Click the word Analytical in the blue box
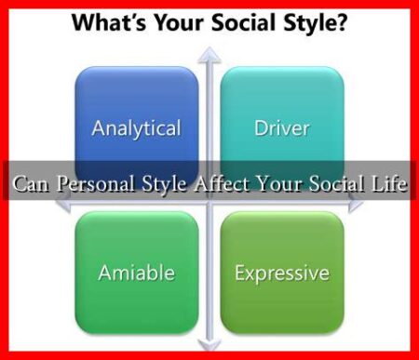point(136,128)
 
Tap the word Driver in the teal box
point(281,128)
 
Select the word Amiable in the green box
point(136,273)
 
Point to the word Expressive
point(281,273)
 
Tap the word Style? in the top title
point(320,22)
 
